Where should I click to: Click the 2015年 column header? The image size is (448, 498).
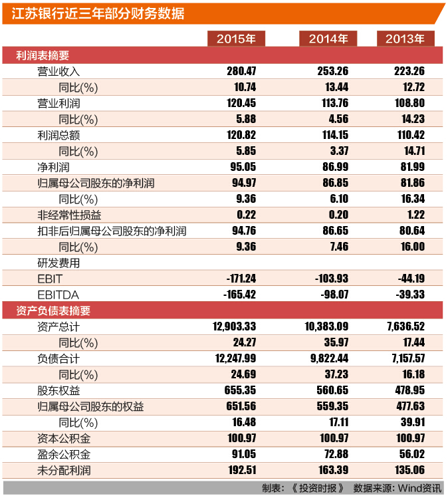(x=236, y=39)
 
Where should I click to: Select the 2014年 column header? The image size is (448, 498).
(x=328, y=39)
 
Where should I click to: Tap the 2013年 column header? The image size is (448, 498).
(x=405, y=39)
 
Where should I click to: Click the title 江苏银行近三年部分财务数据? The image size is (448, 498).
(x=98, y=13)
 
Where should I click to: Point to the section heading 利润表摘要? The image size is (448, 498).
(x=43, y=55)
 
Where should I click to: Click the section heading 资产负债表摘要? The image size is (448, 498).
(x=53, y=311)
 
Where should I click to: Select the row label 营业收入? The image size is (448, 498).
(x=58, y=71)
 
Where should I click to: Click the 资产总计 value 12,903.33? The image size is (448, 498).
(x=235, y=326)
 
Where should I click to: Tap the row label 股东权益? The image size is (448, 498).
(x=58, y=390)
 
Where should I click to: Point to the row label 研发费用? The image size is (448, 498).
(x=58, y=263)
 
